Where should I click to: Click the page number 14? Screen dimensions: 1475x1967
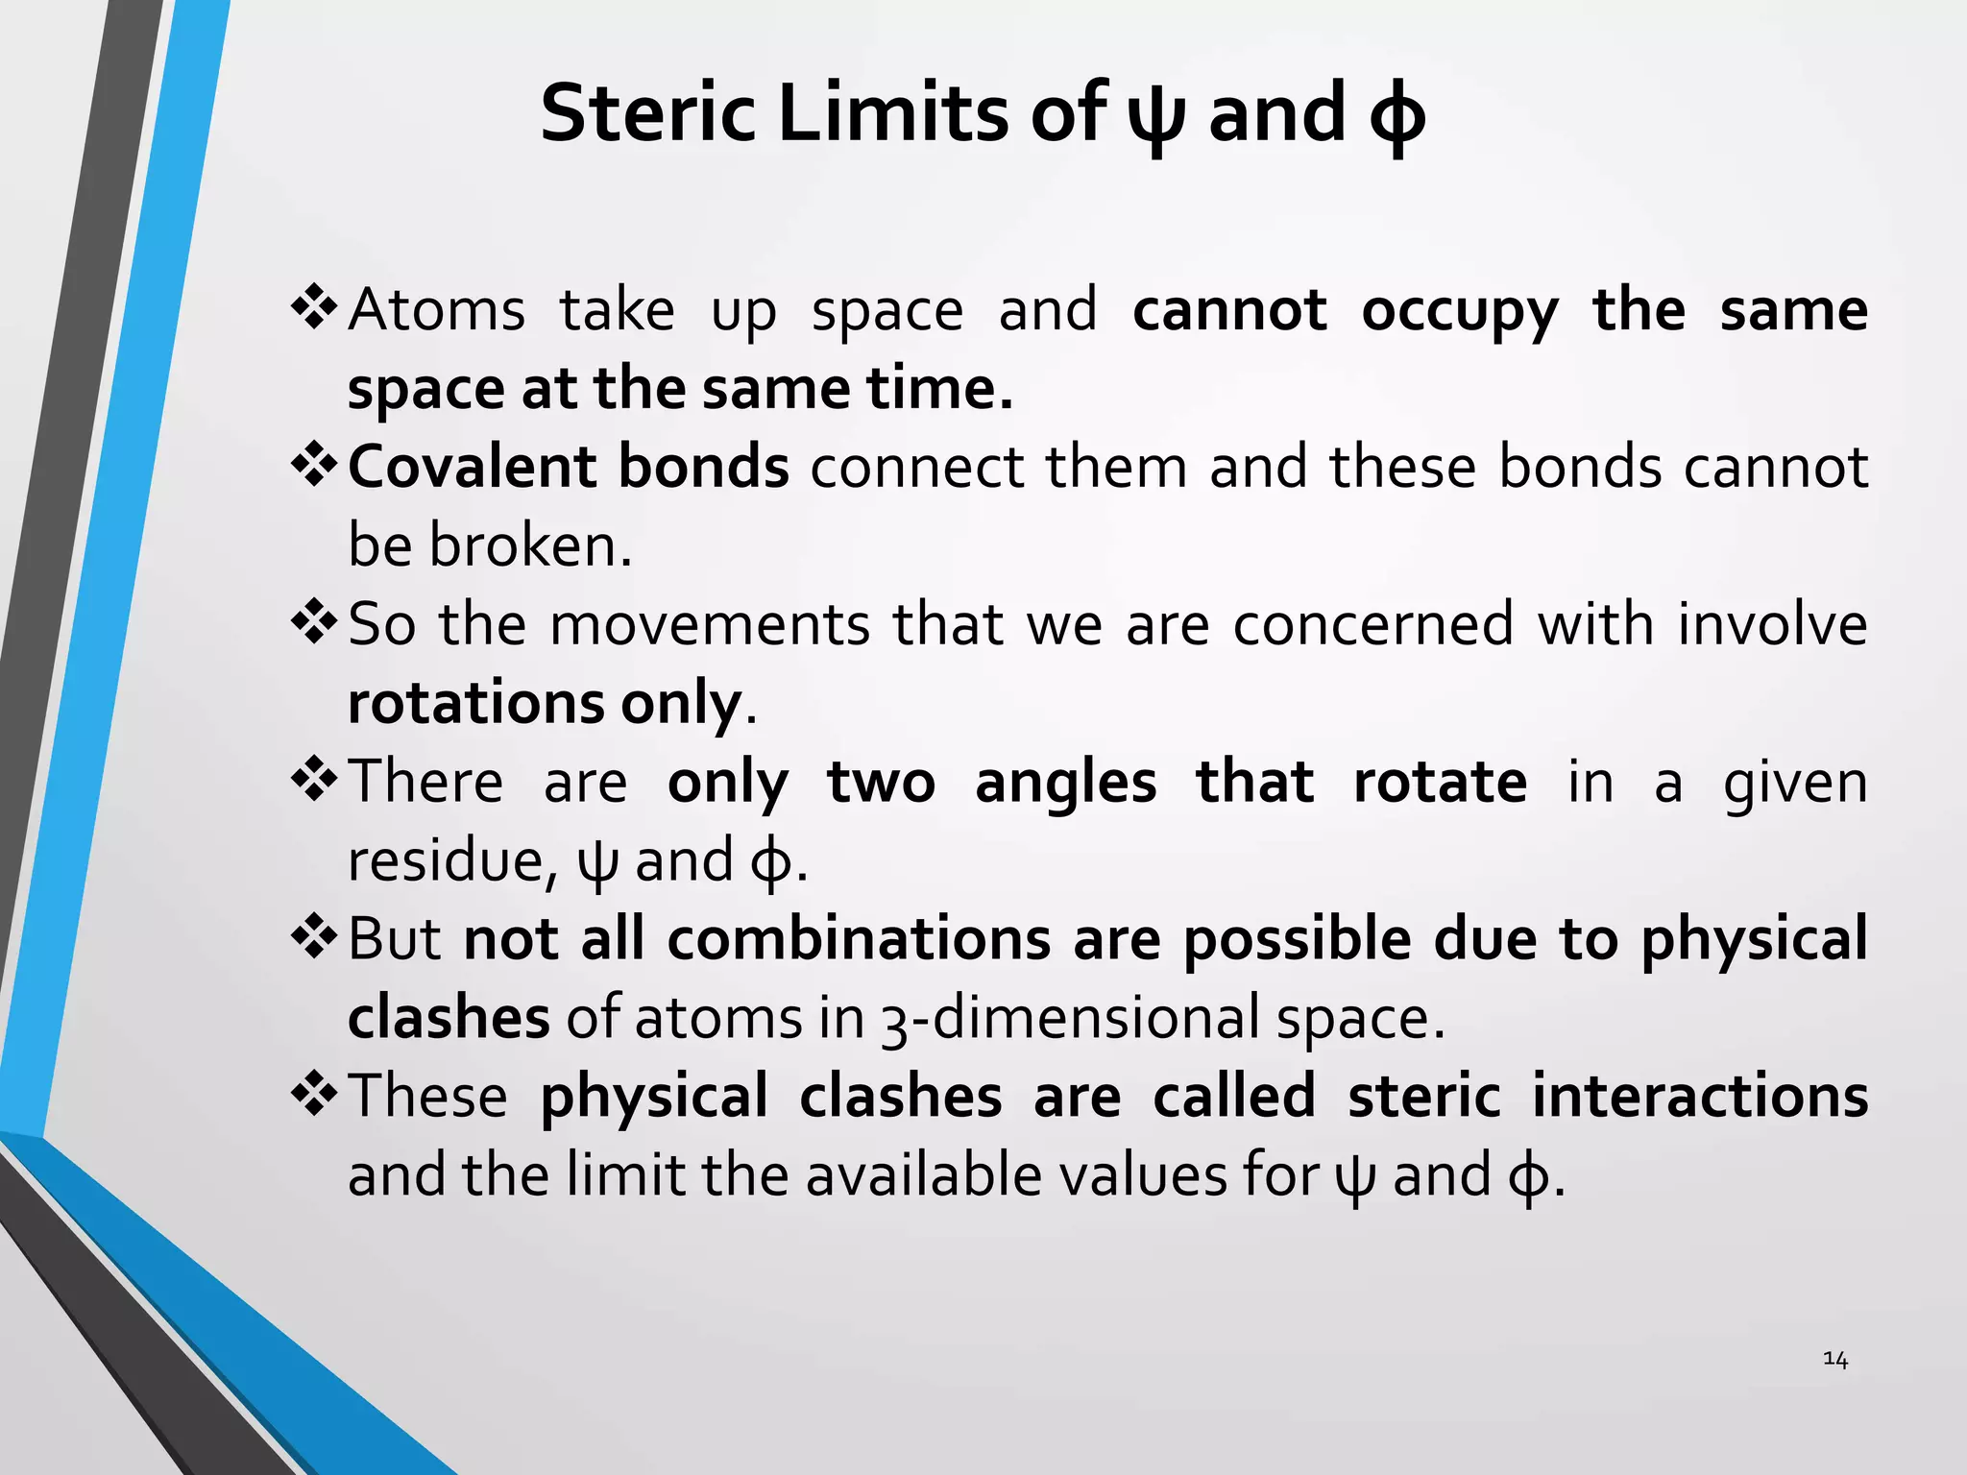click(1834, 1359)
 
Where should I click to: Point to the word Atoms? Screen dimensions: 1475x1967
click(437, 310)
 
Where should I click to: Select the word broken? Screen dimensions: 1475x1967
click(530, 545)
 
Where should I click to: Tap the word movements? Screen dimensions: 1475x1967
click(711, 624)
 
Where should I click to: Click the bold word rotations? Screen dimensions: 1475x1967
click(475, 703)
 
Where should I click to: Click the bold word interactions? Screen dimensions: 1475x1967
click(1700, 1096)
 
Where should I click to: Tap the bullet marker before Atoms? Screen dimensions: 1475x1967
click(313, 309)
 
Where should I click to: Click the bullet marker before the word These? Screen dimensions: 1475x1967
click(313, 1095)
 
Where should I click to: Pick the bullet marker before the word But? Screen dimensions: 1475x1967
click(313, 937)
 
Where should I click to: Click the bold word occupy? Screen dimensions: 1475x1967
click(1460, 312)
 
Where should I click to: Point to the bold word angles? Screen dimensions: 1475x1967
click(1066, 782)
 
